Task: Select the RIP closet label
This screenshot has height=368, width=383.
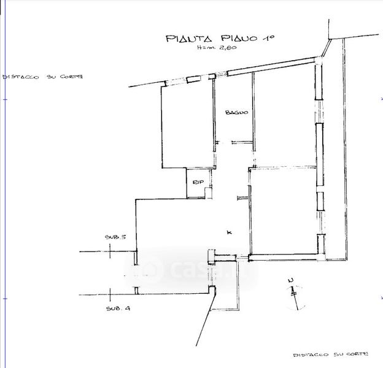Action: [x=198, y=183]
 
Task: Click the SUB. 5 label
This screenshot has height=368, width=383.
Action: [x=115, y=237]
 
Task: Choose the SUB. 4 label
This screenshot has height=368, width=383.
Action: [x=117, y=309]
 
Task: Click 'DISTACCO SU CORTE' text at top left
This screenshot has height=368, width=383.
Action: [x=42, y=78]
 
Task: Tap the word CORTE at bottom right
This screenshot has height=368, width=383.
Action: [x=355, y=355]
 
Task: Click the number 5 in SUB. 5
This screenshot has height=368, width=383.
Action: [x=123, y=237]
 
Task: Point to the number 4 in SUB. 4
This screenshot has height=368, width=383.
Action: [x=127, y=309]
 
